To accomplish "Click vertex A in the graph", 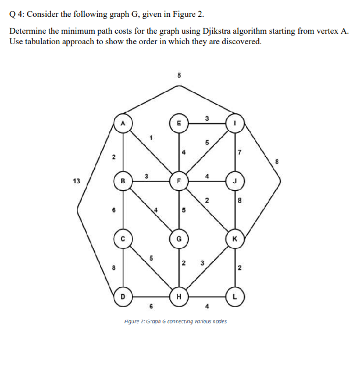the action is point(123,123).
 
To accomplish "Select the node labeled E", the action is point(179,123).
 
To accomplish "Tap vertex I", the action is point(236,123).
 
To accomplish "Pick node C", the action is point(123,238).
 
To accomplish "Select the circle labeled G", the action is point(179,238).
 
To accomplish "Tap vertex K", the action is point(236,238).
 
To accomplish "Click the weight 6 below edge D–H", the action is point(151,307).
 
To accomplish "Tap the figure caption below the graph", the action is point(176,322).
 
